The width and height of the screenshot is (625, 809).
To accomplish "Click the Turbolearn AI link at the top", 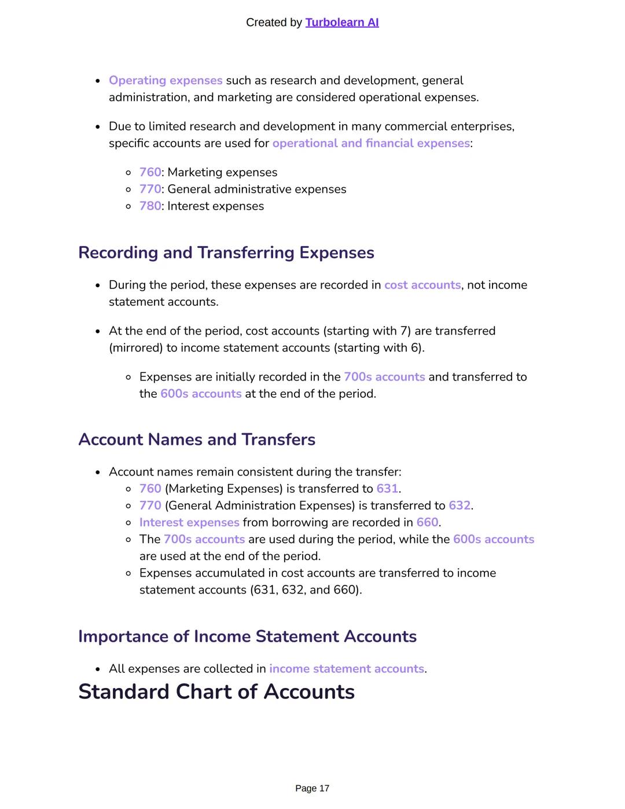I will click(341, 23).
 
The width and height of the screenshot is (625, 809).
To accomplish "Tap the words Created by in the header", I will click(274, 23).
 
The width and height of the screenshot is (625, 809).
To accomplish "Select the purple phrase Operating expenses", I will click(166, 80).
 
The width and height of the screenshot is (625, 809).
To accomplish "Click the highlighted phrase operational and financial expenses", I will click(371, 143).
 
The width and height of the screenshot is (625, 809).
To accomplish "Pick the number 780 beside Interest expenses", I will click(150, 206).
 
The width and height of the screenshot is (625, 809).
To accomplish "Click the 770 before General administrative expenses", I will click(150, 189).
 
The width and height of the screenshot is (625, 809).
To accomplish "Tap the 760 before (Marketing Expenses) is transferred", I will click(150, 489).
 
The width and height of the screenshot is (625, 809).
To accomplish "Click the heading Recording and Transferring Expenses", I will click(226, 252).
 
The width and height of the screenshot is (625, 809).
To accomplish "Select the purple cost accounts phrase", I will click(422, 285).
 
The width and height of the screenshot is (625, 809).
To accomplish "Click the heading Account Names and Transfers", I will click(197, 440).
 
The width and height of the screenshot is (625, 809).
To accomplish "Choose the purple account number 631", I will click(387, 489).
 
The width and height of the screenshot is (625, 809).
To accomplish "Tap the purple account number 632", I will click(459, 506).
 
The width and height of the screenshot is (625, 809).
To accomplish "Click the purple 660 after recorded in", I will click(427, 522).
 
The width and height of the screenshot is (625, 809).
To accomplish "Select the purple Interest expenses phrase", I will click(189, 522).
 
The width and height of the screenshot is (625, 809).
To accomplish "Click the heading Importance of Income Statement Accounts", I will click(247, 636).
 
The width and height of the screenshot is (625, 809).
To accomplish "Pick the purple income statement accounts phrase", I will click(347, 669).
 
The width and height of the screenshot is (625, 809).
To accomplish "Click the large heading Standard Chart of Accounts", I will click(216, 692).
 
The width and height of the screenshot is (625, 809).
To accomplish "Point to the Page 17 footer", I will click(312, 788).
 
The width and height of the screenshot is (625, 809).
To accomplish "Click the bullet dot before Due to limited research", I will click(98, 127).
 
